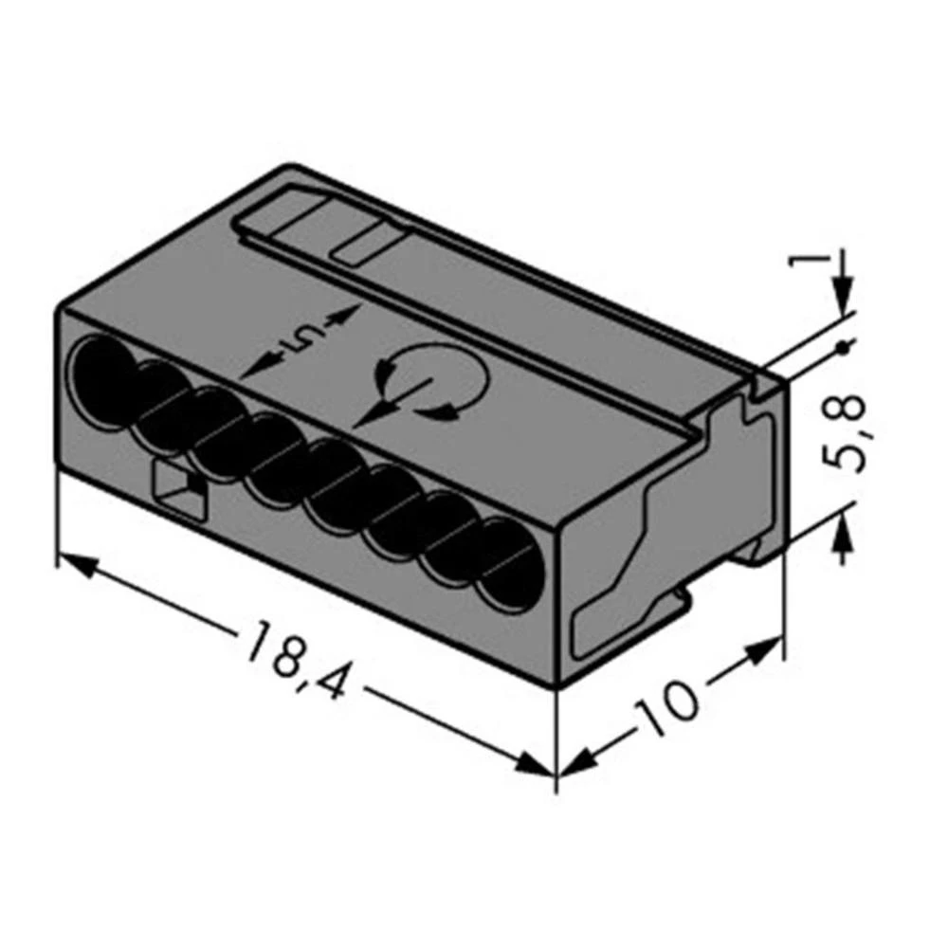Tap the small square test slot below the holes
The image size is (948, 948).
178,489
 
